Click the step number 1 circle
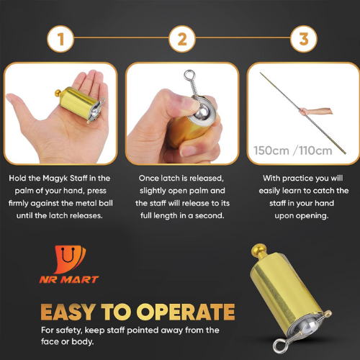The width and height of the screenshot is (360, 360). (60, 39)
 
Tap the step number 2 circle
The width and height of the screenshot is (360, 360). (182, 39)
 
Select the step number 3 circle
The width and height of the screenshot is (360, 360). (304, 39)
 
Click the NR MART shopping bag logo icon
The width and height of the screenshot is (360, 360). (70, 259)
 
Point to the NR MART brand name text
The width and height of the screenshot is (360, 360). (69, 279)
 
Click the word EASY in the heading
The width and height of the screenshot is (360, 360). (67, 312)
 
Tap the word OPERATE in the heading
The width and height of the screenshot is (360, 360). (186, 312)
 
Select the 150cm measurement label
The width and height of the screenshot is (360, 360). (271, 150)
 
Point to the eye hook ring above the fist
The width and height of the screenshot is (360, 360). (189, 75)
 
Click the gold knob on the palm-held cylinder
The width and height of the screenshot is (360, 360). (58, 93)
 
